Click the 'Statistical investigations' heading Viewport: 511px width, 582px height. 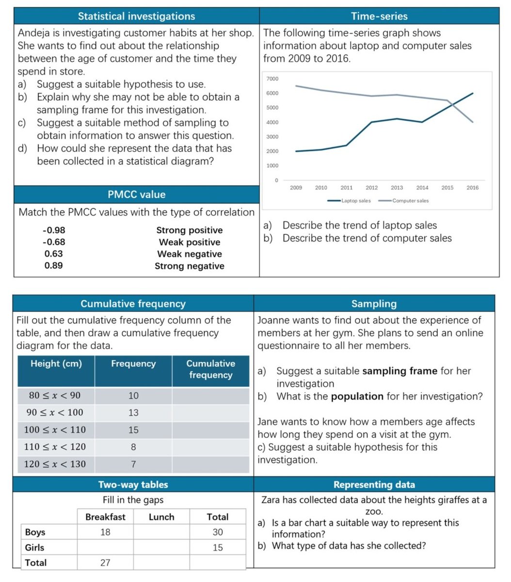click(136, 16)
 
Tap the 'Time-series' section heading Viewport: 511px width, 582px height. click(379, 16)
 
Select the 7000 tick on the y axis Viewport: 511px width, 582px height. click(272, 79)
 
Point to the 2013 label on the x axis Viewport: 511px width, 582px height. click(397, 188)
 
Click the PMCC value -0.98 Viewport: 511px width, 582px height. click(54, 230)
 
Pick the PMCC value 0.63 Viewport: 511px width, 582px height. click(54, 254)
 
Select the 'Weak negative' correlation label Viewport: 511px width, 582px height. click(190, 254)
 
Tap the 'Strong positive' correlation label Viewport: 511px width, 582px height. click(190, 230)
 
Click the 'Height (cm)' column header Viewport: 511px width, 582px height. click(56, 364)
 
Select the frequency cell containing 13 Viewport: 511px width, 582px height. click(133, 413)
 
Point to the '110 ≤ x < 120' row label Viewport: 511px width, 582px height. click(55, 447)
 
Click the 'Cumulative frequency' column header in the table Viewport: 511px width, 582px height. click(210, 369)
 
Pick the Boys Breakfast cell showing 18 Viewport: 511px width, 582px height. click(105, 532)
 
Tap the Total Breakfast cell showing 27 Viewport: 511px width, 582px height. click(105, 563)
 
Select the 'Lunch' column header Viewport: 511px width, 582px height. click(161, 517)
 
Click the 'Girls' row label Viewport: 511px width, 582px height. click(34, 548)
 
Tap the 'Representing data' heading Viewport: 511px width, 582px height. click(374, 485)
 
